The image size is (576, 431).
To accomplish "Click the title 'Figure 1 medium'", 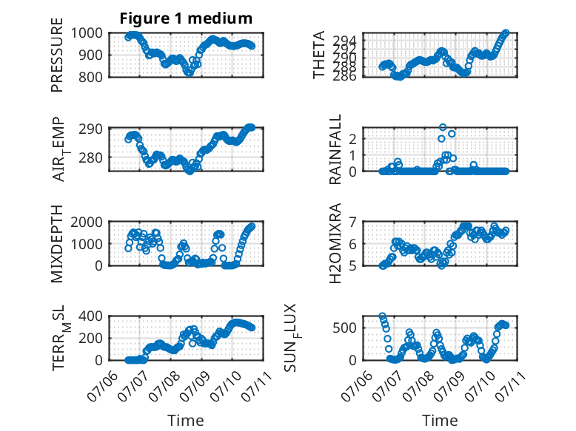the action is [186, 18].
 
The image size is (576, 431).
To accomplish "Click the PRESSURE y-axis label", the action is [57, 55].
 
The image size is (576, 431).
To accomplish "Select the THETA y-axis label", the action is [319, 55].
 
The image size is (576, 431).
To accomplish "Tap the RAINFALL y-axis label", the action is [335, 149].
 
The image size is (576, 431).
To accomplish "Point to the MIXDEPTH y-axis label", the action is [57, 243].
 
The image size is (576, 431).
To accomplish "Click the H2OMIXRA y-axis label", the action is [335, 243].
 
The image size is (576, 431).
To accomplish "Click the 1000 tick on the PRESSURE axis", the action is [87, 33].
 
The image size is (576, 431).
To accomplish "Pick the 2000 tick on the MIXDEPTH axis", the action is [87, 222].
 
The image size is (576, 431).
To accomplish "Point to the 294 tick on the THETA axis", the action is [344, 40].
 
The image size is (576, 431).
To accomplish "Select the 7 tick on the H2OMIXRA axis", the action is [352, 222].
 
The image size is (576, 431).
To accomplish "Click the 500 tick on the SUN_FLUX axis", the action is [344, 328].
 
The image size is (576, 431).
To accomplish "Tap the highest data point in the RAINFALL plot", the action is [443, 127].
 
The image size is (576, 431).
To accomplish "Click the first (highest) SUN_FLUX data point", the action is [383, 316].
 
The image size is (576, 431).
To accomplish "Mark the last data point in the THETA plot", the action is [506, 33].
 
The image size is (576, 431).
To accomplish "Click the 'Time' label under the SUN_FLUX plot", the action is [440, 420].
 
